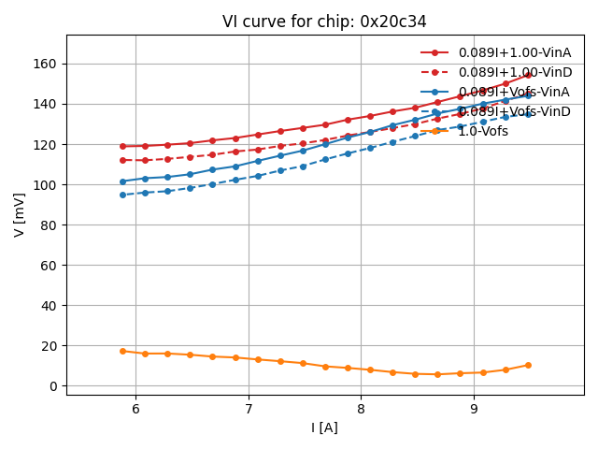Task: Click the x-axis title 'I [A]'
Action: click(x=325, y=427)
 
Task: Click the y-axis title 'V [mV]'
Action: click(x=20, y=214)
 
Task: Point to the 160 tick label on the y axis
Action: click(x=45, y=64)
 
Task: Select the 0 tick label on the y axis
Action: click(x=53, y=386)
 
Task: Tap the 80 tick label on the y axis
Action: click(x=49, y=225)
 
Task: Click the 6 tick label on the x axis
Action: click(x=135, y=409)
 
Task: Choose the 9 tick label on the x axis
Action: click(x=474, y=409)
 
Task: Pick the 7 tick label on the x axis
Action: click(x=249, y=409)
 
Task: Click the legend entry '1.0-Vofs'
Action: click(x=482, y=132)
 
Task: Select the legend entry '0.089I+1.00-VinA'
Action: click(x=514, y=52)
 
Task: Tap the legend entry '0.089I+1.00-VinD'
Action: click(x=514, y=72)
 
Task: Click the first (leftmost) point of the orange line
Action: click(x=122, y=352)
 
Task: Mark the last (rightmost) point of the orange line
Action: click(x=528, y=365)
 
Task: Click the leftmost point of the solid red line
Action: click(x=122, y=146)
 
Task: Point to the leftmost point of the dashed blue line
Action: click(x=122, y=195)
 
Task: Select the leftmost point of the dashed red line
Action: click(x=122, y=160)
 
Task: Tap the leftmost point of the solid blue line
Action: click(x=122, y=181)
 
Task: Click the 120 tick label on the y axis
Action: click(x=45, y=145)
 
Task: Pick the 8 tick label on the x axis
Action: click(x=361, y=409)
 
